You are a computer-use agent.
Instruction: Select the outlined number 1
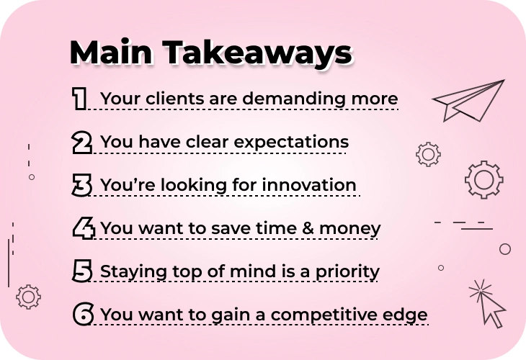pos(79,99)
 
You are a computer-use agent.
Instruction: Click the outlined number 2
pos(82,143)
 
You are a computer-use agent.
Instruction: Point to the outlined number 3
pos(82,185)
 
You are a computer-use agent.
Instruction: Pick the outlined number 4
pos(84,228)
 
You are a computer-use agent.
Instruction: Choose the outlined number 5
pos(82,271)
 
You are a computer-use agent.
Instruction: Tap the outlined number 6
pos(83,314)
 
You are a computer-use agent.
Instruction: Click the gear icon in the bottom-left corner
pos(29,297)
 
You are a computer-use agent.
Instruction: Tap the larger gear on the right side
pos(484,180)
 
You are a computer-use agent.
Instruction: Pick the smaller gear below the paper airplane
pos(429,154)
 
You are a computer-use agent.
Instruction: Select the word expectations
pos(291,143)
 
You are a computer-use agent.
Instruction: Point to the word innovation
pos(309,185)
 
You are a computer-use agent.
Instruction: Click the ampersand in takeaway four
pos(308,228)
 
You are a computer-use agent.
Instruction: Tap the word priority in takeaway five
pos(347,272)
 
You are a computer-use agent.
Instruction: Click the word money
pos(350,229)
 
